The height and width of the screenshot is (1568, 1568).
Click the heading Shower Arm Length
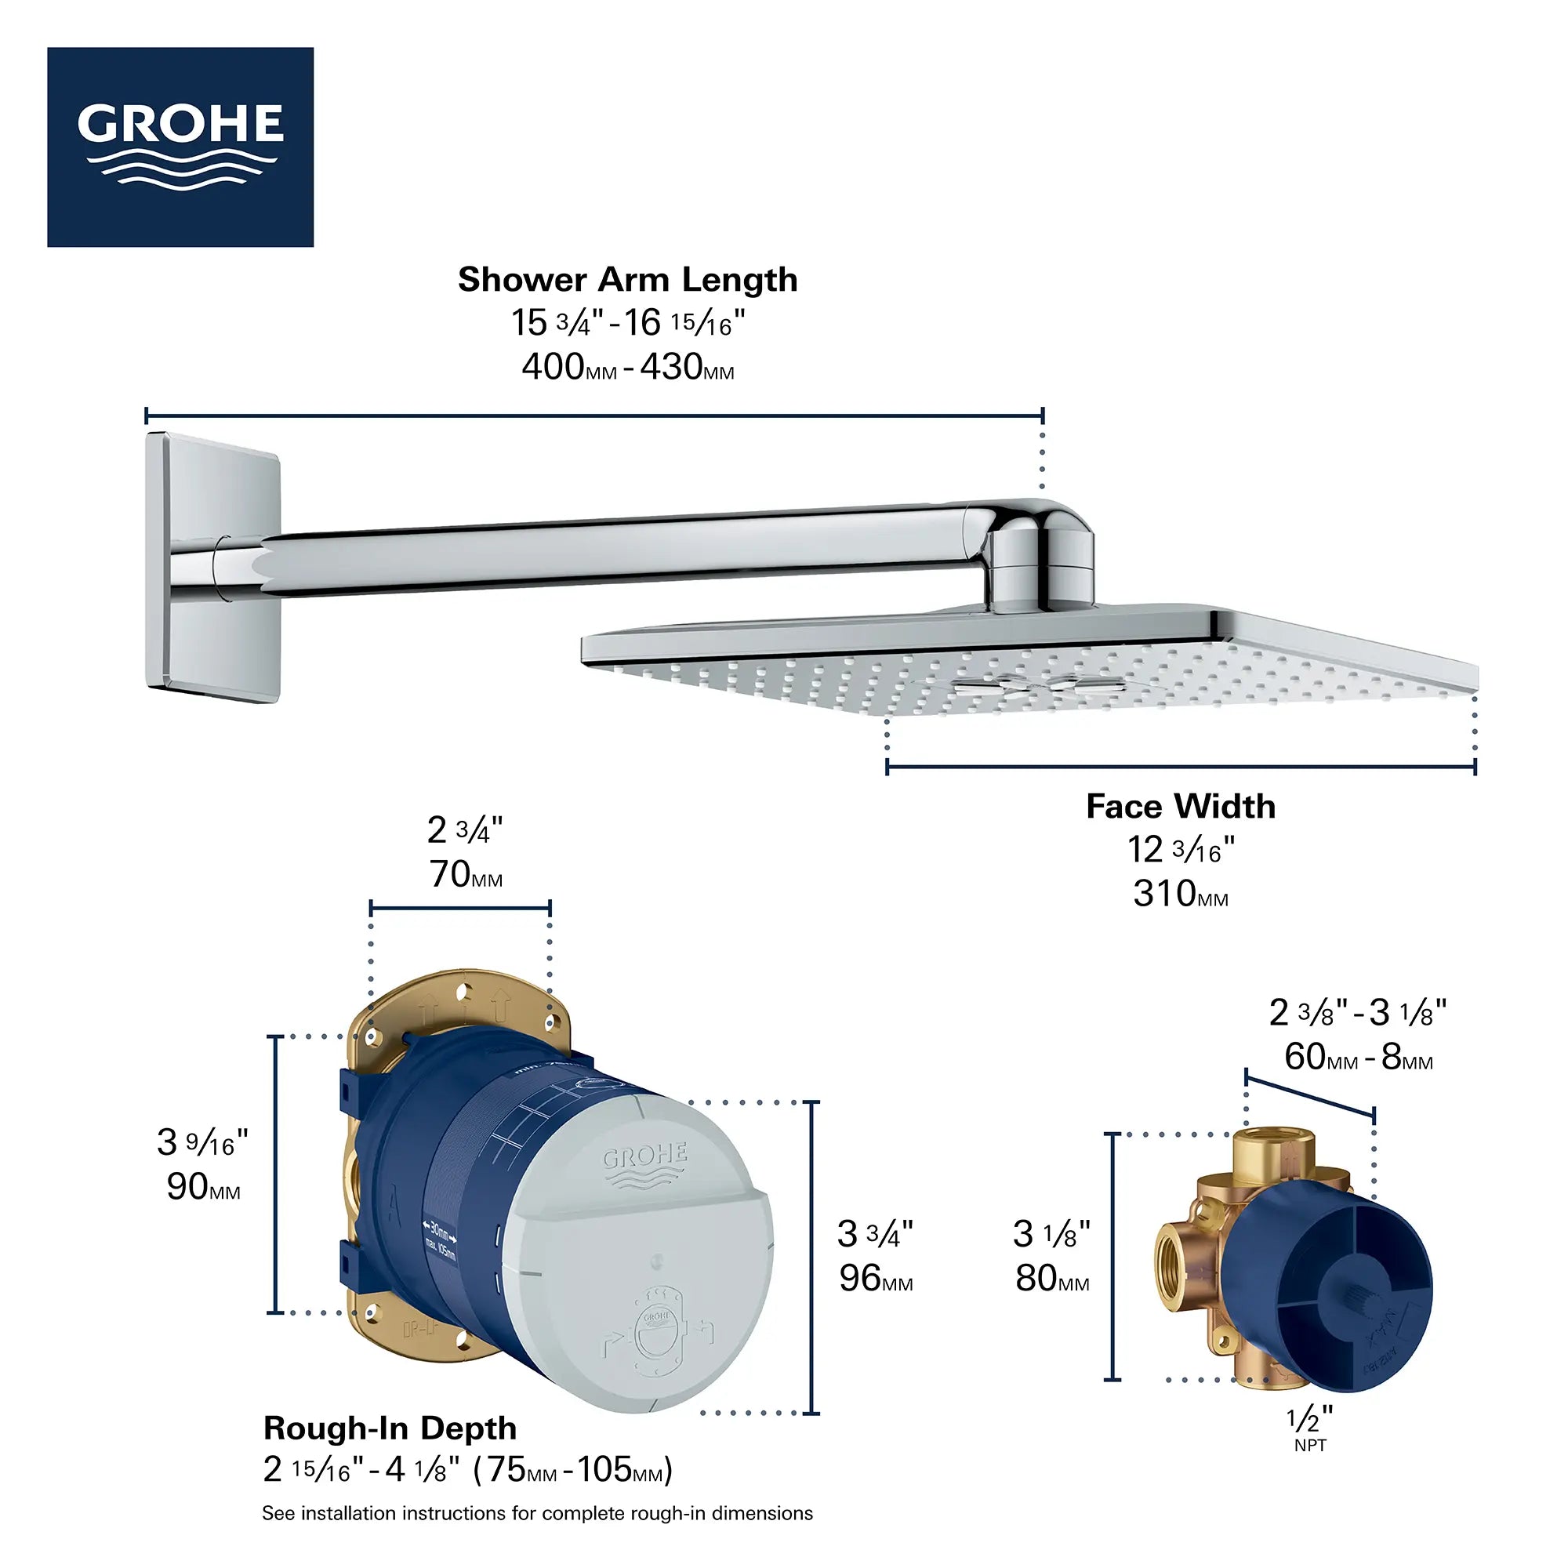[x=627, y=280]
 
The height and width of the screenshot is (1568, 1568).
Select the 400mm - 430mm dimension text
[x=627, y=368]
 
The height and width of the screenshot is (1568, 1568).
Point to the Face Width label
[x=1180, y=807]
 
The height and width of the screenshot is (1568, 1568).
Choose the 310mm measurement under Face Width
[x=1180, y=895]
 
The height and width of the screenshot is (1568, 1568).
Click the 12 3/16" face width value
[x=1180, y=851]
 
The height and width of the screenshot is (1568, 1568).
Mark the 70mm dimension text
[x=465, y=875]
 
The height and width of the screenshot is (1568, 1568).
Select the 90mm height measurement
[x=203, y=1187]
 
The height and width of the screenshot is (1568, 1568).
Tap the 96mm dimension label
[x=875, y=1279]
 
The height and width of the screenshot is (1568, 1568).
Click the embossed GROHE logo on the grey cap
[x=645, y=1165]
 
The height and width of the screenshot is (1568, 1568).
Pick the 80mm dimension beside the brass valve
[x=1052, y=1279]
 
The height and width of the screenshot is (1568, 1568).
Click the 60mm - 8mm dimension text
[x=1358, y=1058]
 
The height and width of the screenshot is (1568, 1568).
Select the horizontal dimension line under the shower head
[x=1180, y=766]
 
